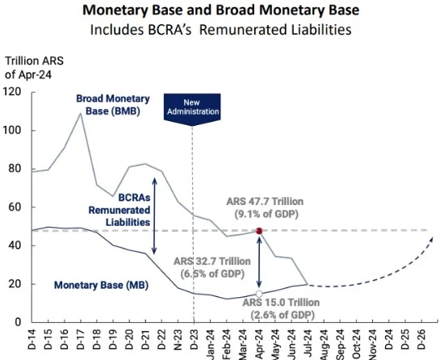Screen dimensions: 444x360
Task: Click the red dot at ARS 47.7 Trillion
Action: (x=259, y=231)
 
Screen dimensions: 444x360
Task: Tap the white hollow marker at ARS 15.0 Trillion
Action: (x=259, y=294)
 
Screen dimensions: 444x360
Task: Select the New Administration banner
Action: (x=192, y=109)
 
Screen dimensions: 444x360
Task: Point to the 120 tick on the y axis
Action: (x=12, y=92)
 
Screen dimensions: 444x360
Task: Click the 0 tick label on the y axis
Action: (x=18, y=322)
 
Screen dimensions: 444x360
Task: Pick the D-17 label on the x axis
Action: (x=81, y=339)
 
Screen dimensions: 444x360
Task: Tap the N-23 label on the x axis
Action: (x=178, y=339)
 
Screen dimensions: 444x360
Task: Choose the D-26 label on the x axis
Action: (x=421, y=339)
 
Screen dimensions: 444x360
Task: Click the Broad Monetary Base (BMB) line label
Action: (x=113, y=105)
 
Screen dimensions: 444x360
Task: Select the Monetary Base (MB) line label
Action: (x=101, y=285)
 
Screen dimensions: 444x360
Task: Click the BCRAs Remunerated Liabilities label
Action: (x=119, y=210)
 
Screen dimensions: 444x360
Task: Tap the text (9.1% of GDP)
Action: (x=266, y=214)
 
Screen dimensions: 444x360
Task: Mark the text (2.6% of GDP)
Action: (x=283, y=315)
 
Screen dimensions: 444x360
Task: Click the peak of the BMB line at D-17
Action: (x=81, y=114)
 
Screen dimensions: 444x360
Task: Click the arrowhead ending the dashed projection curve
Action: (x=431, y=240)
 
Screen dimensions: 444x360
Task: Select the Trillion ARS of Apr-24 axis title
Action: (x=34, y=68)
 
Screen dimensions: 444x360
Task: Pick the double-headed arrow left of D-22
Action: (x=154, y=216)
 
